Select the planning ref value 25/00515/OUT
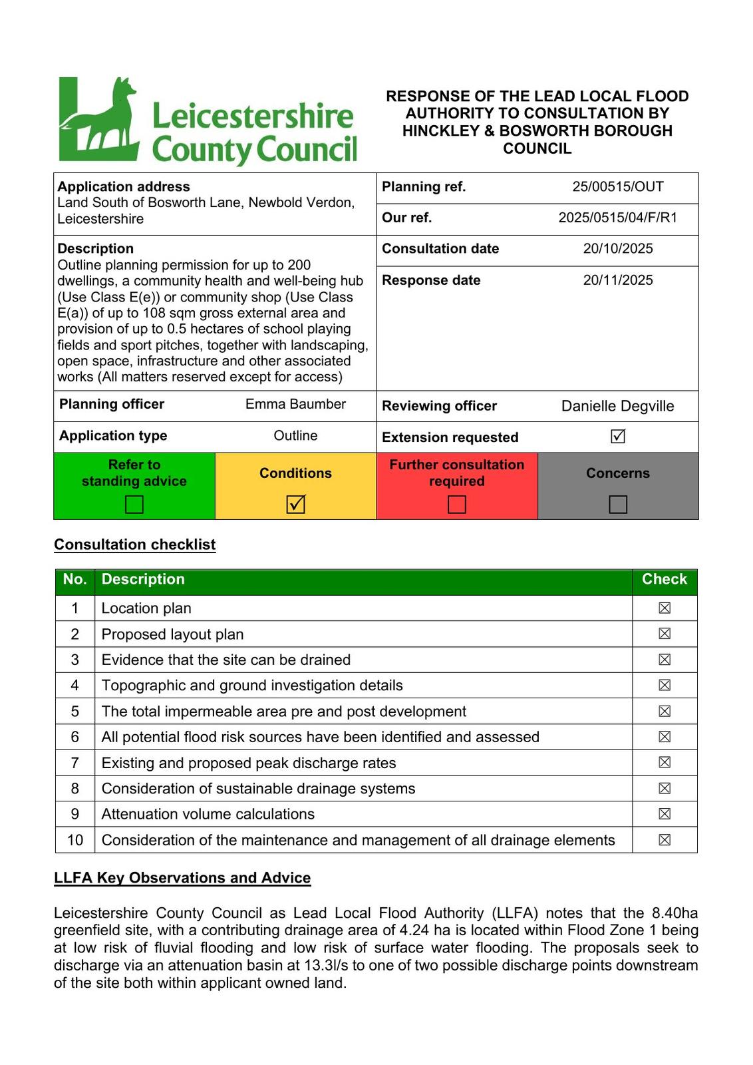coord(618,187)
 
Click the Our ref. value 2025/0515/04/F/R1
coord(618,218)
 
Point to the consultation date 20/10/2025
coord(618,249)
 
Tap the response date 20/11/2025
coord(618,280)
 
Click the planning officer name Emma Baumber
coord(295,404)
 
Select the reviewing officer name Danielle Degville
coord(617,406)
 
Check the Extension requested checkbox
coord(618,437)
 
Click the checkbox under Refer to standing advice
coord(134,505)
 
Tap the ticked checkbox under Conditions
coord(295,505)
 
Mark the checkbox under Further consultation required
coord(457,505)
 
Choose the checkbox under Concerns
coord(618,505)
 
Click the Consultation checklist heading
coord(135,544)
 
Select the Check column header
coord(664,579)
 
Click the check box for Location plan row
coord(664,608)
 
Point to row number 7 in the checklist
coord(75,763)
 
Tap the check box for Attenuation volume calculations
coord(664,814)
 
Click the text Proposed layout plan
coord(172,634)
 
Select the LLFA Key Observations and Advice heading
coord(182,878)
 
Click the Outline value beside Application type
coord(295,436)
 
